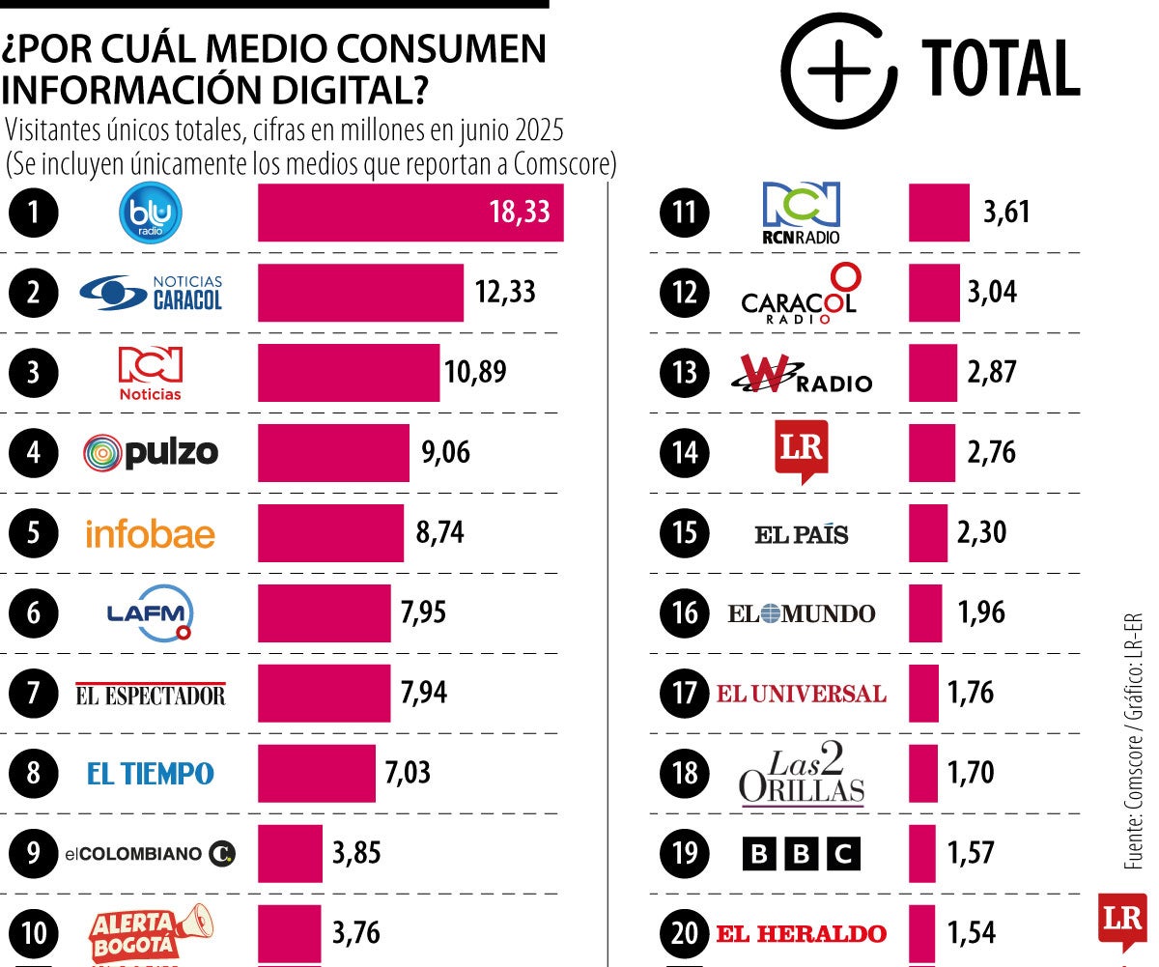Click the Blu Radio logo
150,213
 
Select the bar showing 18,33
410,213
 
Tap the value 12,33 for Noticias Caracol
504,292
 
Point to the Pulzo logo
151,452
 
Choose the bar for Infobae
330,532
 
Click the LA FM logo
151,613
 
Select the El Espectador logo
151,694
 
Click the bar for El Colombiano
290,853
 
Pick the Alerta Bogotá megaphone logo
151,931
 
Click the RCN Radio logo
801,213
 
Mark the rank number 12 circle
685,292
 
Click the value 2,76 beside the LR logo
991,452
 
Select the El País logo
801,533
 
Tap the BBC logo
801,854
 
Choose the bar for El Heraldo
922,933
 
